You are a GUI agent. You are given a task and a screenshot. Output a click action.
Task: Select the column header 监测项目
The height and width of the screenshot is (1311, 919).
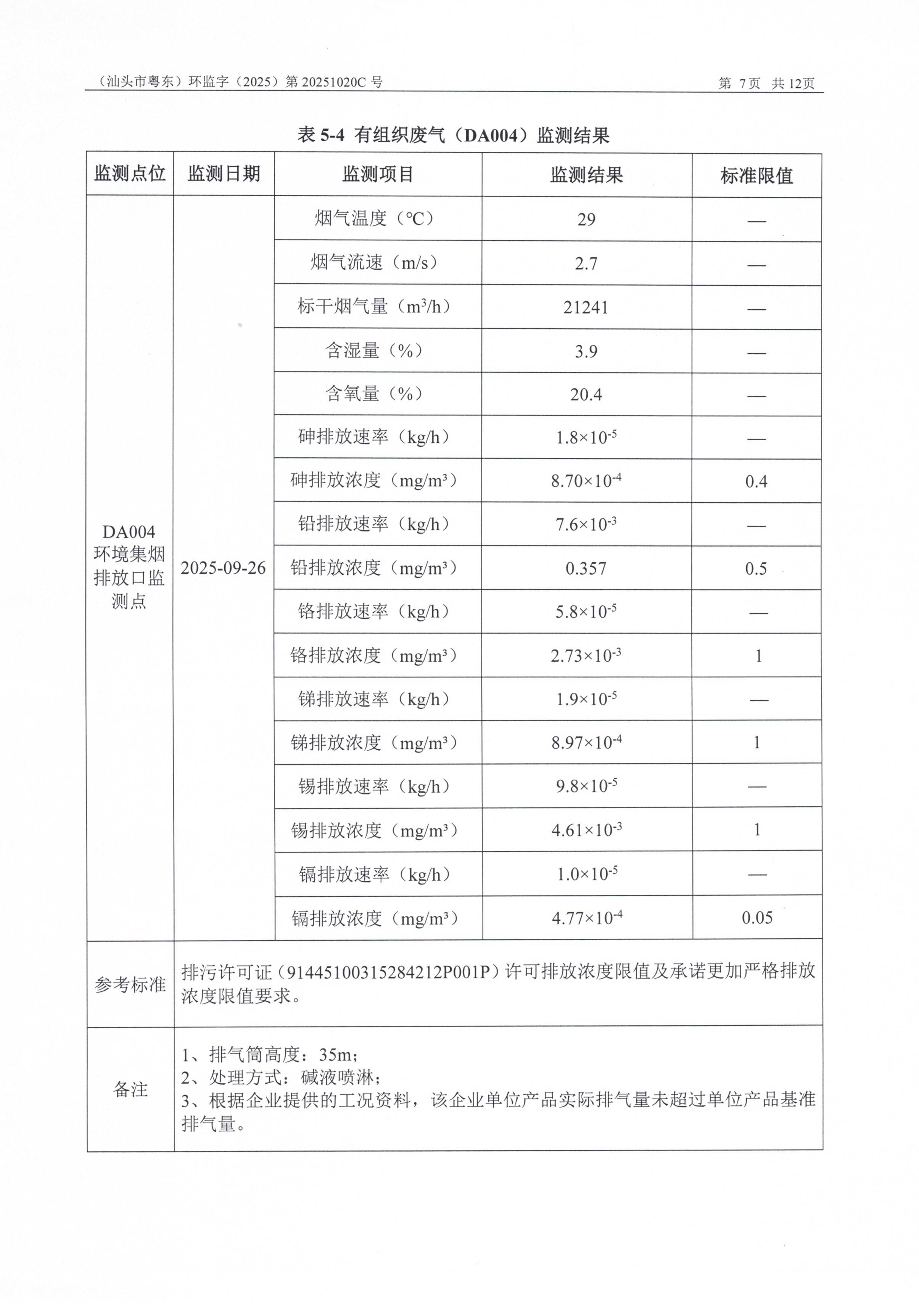pyautogui.click(x=378, y=174)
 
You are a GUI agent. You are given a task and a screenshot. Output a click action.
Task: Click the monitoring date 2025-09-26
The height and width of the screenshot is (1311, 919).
pyautogui.click(x=223, y=568)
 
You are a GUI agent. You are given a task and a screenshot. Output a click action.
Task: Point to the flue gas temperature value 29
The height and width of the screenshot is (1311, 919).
pyautogui.click(x=586, y=220)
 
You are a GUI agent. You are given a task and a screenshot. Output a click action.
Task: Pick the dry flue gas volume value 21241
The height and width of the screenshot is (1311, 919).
pyautogui.click(x=586, y=308)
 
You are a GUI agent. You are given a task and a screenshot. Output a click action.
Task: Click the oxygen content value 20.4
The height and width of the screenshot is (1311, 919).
pyautogui.click(x=586, y=394)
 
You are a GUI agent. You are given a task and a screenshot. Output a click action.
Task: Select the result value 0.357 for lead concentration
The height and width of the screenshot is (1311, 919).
pyautogui.click(x=586, y=569)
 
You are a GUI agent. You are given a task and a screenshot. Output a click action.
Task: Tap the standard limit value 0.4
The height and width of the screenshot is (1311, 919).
pyautogui.click(x=756, y=482)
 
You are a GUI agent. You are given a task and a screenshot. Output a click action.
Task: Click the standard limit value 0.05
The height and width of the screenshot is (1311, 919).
pyautogui.click(x=757, y=918)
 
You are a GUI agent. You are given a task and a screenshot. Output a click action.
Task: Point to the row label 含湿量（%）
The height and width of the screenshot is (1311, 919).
pyautogui.click(x=374, y=351)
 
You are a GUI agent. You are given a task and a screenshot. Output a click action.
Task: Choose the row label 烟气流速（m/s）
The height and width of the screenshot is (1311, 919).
pyautogui.click(x=374, y=263)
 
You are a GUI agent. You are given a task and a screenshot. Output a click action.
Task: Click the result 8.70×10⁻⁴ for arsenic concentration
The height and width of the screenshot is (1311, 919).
pyautogui.click(x=586, y=481)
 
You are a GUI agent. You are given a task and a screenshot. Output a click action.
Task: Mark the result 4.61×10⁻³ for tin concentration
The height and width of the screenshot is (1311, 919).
pyautogui.click(x=586, y=830)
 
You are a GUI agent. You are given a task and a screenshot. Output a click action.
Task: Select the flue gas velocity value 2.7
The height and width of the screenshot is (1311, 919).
pyautogui.click(x=586, y=264)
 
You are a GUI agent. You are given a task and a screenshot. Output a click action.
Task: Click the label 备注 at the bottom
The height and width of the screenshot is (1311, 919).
pyautogui.click(x=130, y=1089)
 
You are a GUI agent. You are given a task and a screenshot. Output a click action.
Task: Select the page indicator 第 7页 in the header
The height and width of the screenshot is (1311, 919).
pyautogui.click(x=739, y=84)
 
